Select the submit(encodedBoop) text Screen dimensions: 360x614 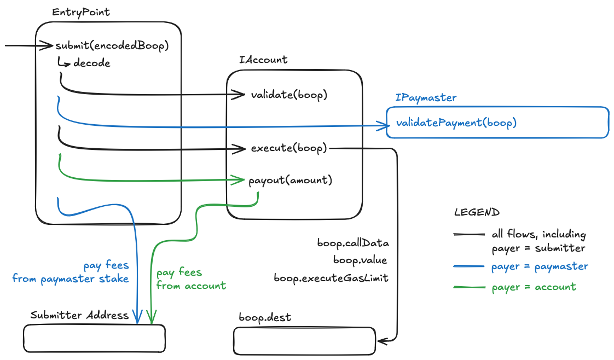(110, 45)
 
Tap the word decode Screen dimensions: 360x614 (91, 63)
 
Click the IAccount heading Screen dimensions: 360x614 (263, 60)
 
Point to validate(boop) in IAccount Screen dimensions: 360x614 (289, 95)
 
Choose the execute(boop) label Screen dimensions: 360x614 (289, 148)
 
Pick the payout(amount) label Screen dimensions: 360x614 (290, 179)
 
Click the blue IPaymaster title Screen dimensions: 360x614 (426, 97)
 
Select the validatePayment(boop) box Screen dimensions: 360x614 (497, 122)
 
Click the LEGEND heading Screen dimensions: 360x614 (476, 212)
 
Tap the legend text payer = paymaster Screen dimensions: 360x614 (540, 266)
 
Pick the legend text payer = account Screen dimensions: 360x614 (534, 287)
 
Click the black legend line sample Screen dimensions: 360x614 (469, 235)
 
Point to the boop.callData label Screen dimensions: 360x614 (352, 242)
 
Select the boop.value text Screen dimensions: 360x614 (360, 260)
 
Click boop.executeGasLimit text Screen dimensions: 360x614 (331, 278)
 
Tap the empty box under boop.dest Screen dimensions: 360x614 (304, 340)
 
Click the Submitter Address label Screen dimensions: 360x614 (79, 315)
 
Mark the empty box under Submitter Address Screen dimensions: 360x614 (94, 338)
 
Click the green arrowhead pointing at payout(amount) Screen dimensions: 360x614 (240, 179)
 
